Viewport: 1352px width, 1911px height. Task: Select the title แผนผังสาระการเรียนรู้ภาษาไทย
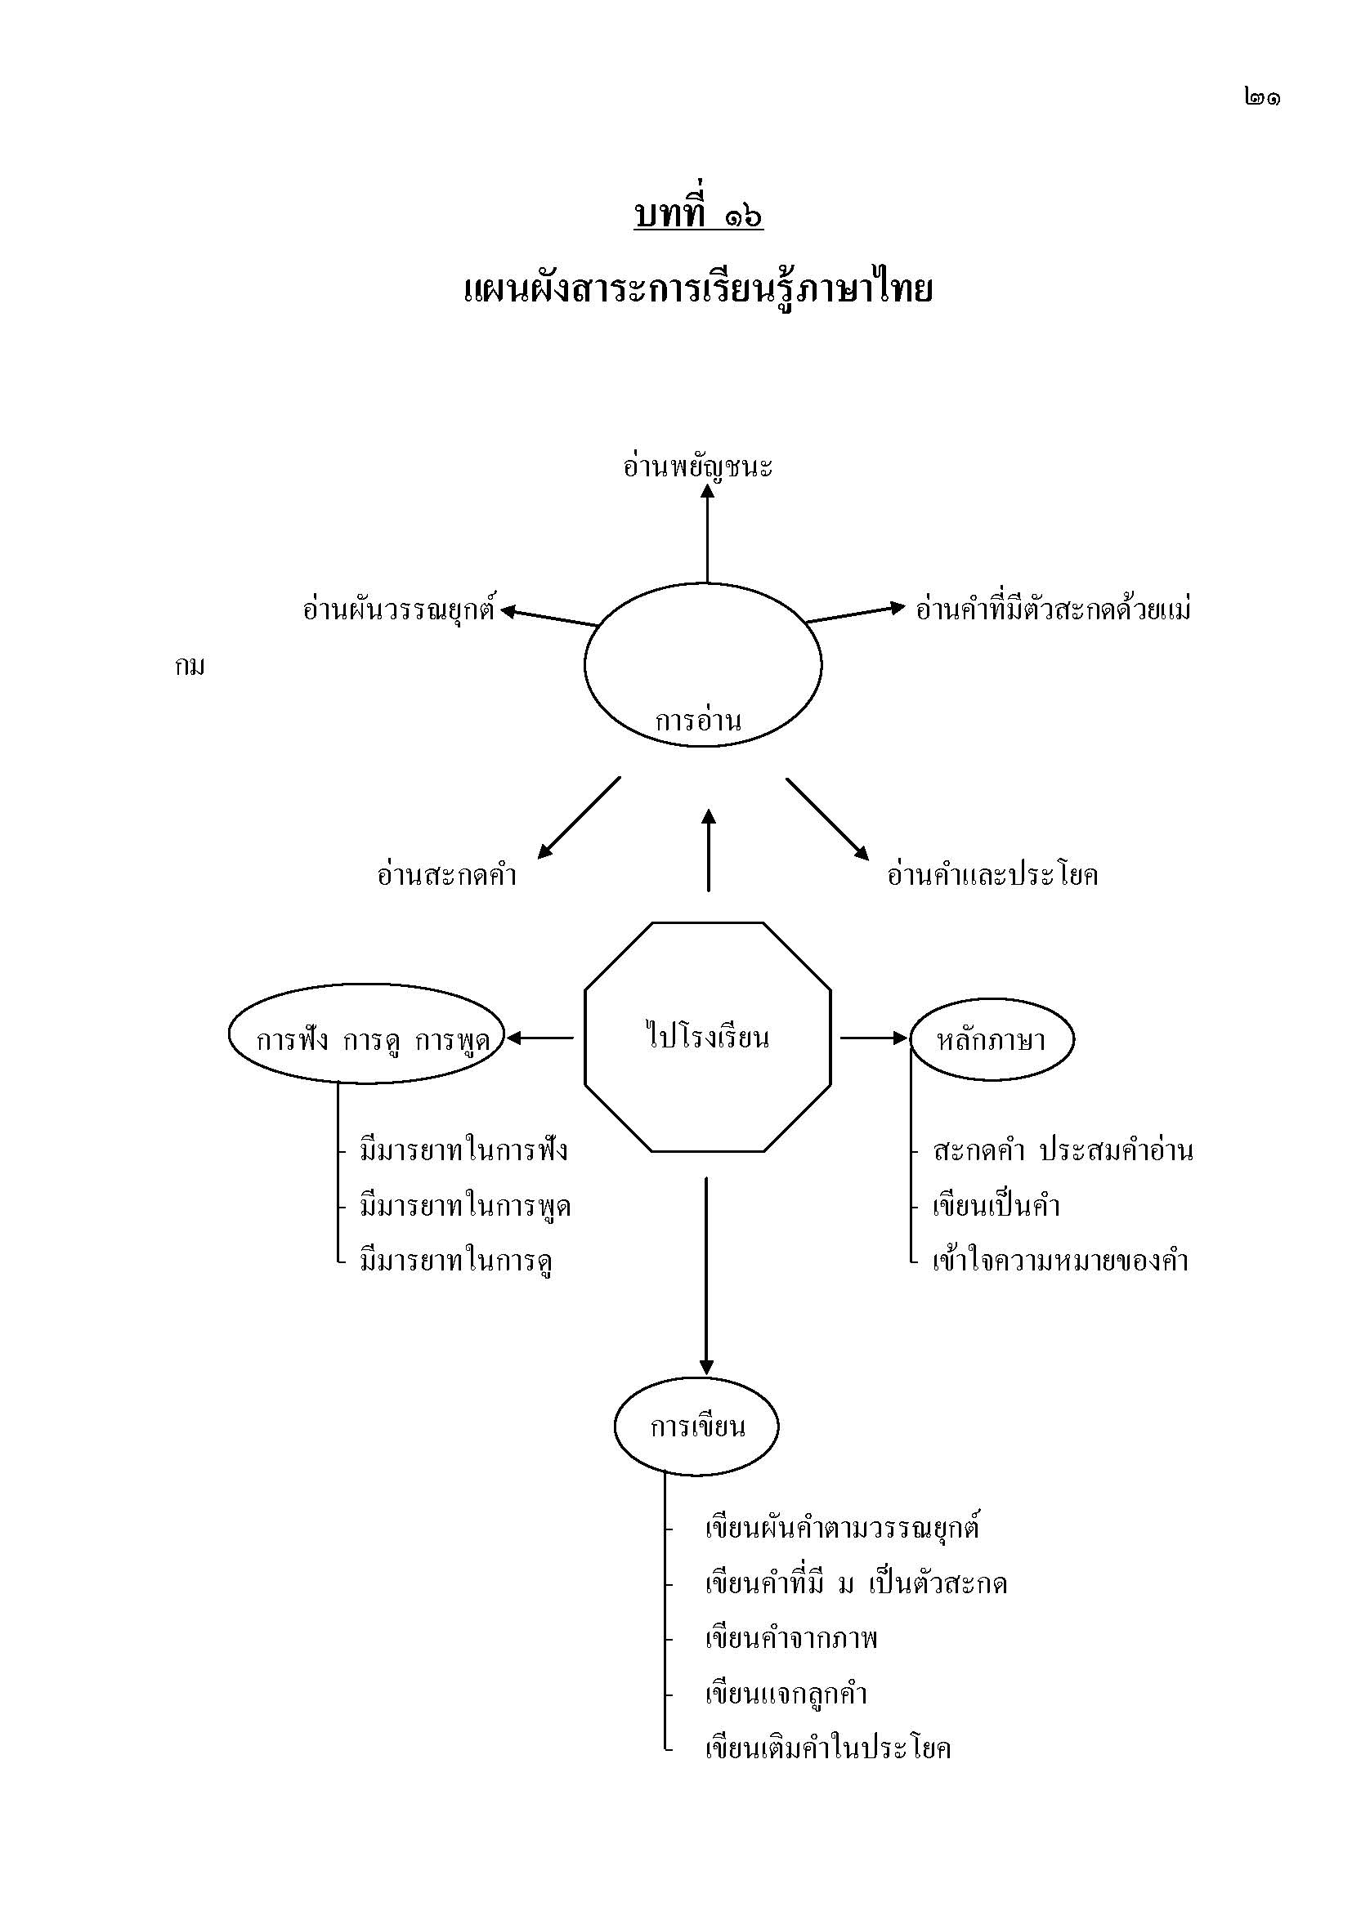tap(697, 291)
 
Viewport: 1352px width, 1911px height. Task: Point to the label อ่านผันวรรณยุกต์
tap(399, 610)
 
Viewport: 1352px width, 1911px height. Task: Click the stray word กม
tap(190, 667)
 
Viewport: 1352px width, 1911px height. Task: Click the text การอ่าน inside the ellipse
tap(697, 720)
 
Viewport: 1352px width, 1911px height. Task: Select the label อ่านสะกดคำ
tap(447, 876)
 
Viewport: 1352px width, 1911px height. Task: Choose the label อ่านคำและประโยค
tap(992, 876)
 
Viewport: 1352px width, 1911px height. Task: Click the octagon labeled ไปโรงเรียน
tap(708, 1037)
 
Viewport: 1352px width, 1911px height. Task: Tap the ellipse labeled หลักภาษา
tap(991, 1039)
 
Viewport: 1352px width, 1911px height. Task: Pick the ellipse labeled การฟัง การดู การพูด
tap(367, 1034)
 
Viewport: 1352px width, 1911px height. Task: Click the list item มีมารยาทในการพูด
tap(464, 1206)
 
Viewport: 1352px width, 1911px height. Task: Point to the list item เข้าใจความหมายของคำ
tap(1060, 1261)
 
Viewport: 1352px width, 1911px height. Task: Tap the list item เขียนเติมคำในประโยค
tap(827, 1748)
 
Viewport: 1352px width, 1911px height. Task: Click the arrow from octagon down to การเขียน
tap(706, 1274)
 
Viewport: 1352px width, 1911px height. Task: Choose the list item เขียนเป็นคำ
tap(996, 1206)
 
